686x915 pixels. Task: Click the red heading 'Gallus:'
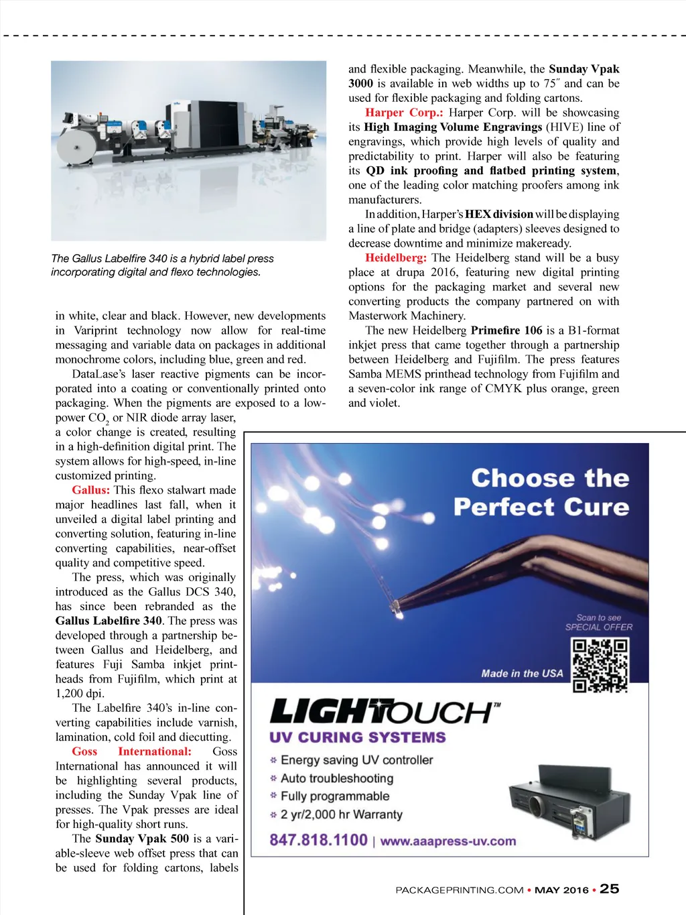pos(90,490)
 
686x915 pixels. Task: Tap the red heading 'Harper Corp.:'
pos(404,113)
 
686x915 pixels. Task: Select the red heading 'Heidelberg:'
pos(395,258)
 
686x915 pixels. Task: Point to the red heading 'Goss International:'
pos(131,751)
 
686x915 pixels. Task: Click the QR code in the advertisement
pos(600,665)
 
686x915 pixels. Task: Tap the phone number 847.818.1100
pos(318,840)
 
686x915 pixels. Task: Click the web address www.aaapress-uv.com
pos(448,841)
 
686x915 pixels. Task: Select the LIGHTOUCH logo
pos(383,711)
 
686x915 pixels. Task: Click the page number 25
pos(609,889)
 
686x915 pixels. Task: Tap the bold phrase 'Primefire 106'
pos(506,330)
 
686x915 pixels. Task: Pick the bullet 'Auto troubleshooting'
pos(336,778)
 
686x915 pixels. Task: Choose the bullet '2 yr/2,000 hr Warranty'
pos(341,814)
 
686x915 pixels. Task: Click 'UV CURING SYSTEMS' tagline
pos(357,737)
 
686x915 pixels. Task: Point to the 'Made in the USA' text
pos(522,673)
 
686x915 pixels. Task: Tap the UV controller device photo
pos(571,800)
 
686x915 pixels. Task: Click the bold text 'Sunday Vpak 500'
pos(142,839)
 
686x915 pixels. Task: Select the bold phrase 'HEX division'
pos(498,215)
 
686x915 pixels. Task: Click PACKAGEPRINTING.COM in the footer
pos(459,890)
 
